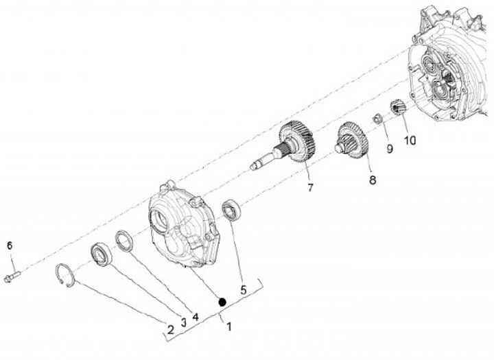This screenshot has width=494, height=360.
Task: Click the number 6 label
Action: coord(10,245)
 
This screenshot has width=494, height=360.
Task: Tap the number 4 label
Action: coord(196,317)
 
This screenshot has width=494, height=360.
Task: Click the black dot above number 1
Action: coord(222,301)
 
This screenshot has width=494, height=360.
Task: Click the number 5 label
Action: coord(243,290)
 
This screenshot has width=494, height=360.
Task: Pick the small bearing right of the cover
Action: coord(232,208)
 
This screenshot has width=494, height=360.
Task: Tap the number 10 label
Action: coord(410,141)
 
